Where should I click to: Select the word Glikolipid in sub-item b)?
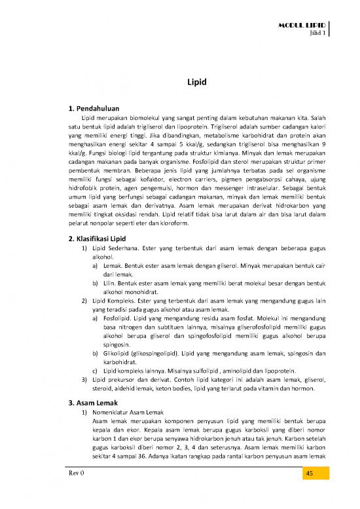point(118,350)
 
